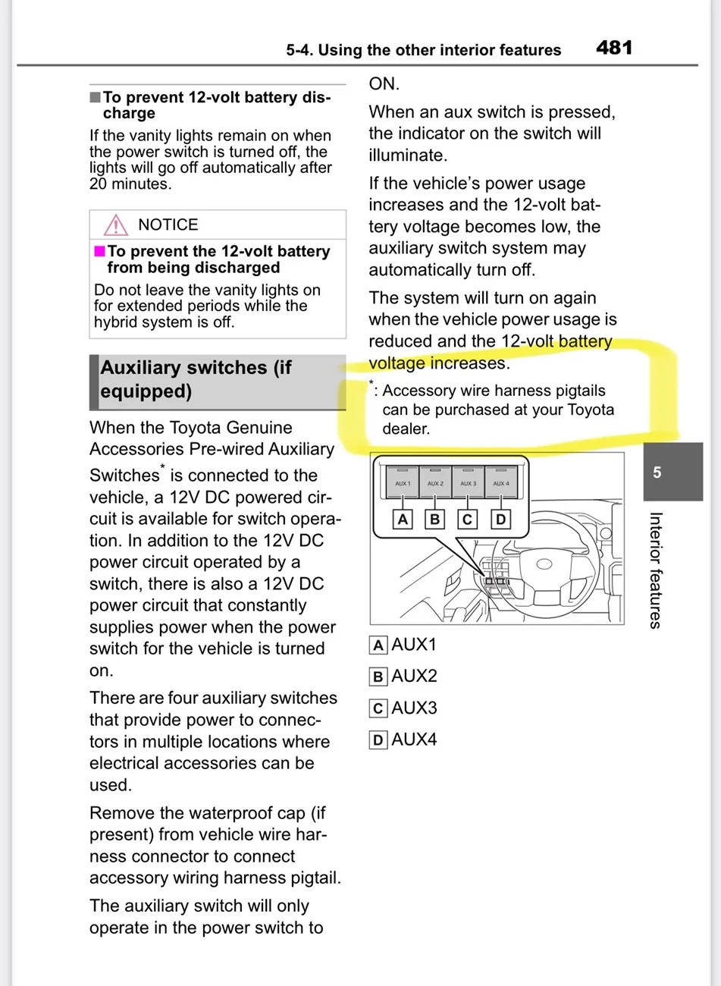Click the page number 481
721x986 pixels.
coord(614,48)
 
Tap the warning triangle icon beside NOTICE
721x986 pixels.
coord(116,225)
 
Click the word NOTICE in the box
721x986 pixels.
coord(168,225)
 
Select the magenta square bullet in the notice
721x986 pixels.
coord(99,251)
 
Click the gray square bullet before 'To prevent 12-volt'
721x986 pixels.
coord(95,97)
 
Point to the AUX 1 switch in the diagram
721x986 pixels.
coord(403,482)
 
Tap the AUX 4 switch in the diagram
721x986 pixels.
coord(501,482)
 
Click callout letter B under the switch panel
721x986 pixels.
coord(434,520)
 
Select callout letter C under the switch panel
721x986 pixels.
coord(467,520)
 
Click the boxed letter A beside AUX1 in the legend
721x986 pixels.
coord(378,645)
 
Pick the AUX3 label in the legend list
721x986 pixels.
coord(414,708)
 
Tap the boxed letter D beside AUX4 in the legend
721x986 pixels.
coord(378,740)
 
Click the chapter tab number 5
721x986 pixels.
coord(657,473)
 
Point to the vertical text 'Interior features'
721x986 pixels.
coord(656,570)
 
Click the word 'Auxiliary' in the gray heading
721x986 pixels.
coord(183,368)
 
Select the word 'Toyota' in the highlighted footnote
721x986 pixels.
coord(591,410)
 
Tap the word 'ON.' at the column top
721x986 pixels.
coord(384,83)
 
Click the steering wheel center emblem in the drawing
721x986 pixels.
coord(544,564)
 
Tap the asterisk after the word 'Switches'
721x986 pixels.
coord(163,466)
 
